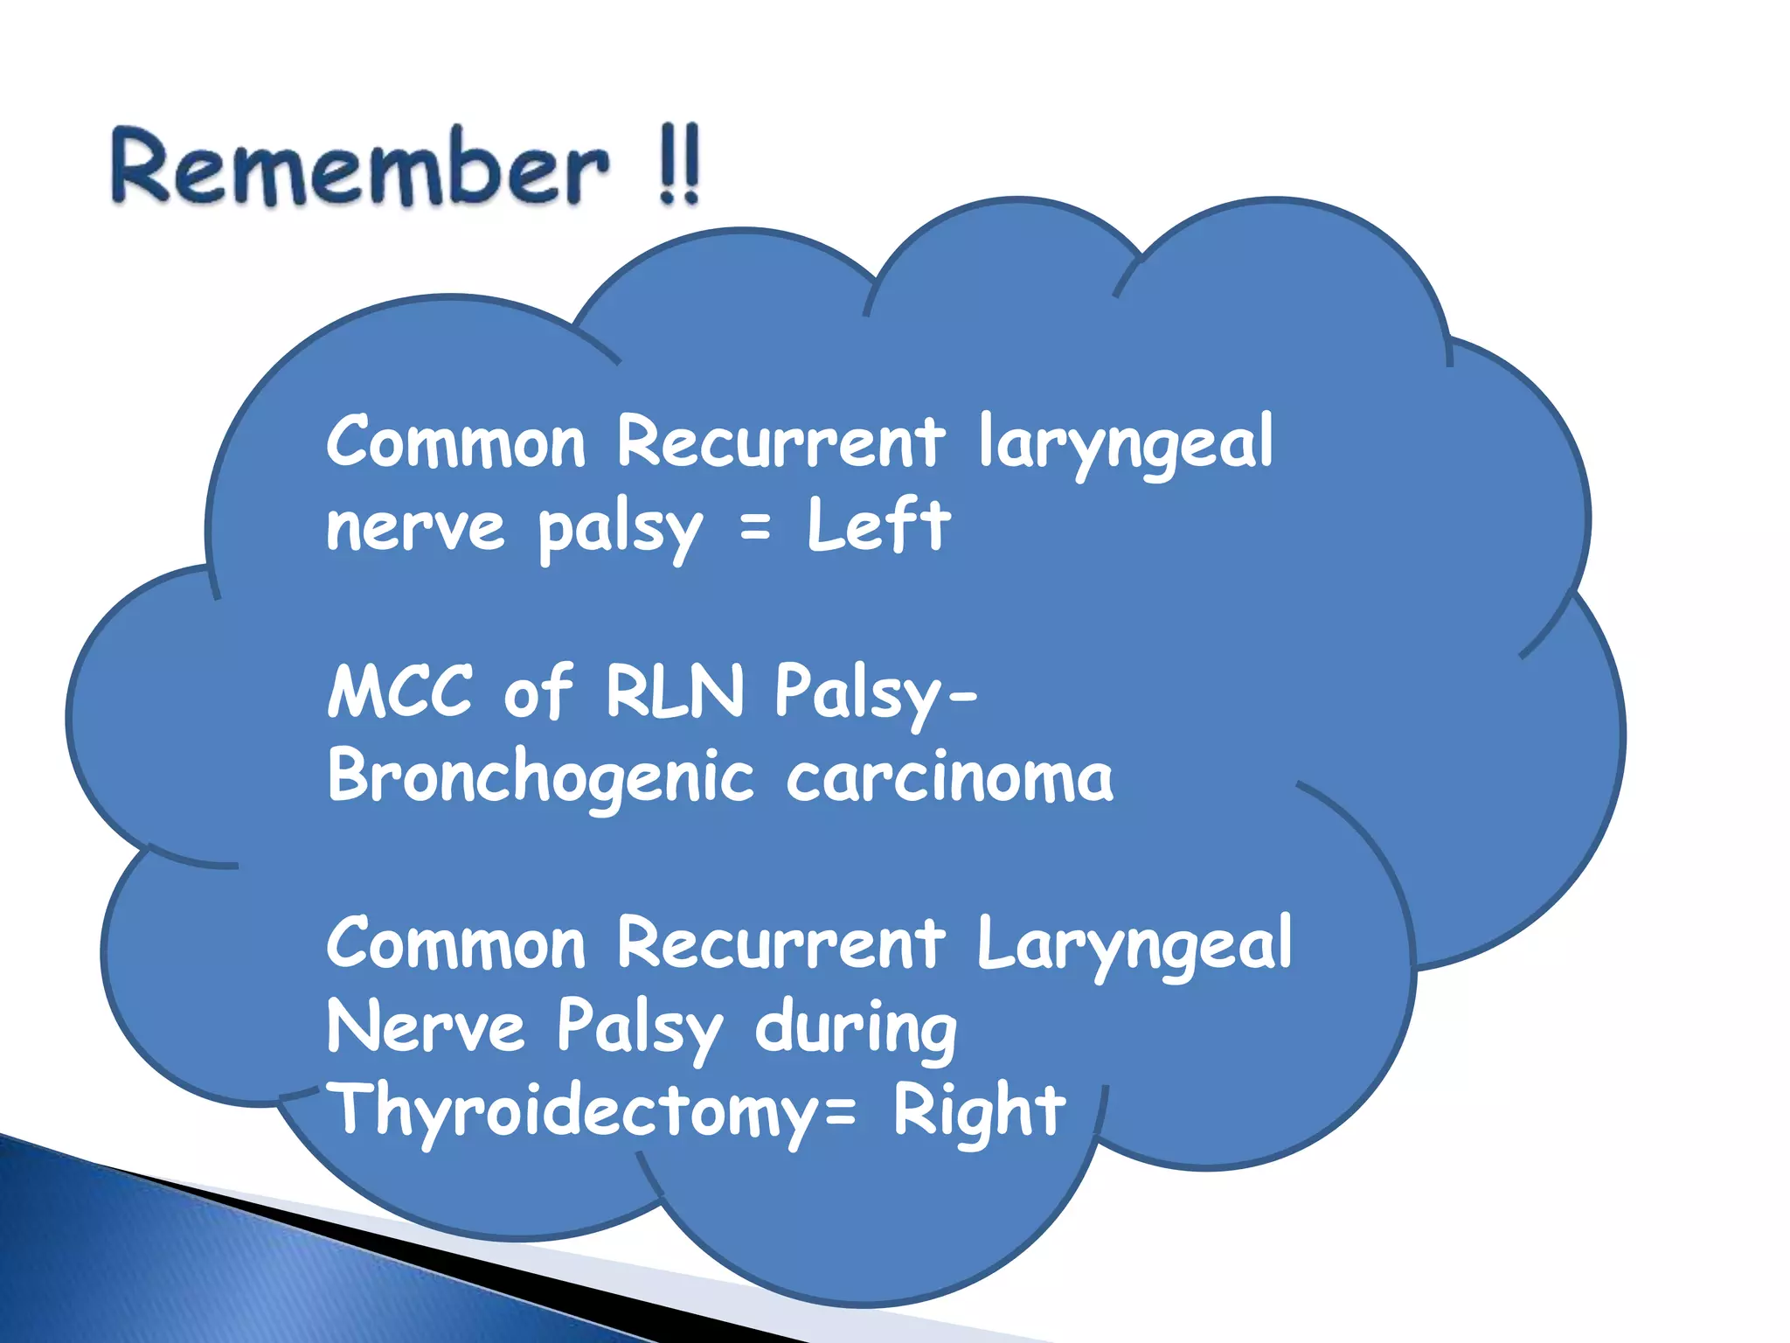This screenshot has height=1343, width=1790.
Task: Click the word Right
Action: pyautogui.click(x=979, y=1110)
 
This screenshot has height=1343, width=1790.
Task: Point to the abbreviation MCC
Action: pyautogui.click(x=400, y=691)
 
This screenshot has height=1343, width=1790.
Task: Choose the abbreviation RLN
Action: pyautogui.click(x=674, y=691)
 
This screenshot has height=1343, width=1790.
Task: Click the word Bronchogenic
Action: pyautogui.click(x=540, y=776)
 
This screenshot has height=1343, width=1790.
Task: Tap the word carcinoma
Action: pyautogui.click(x=950, y=776)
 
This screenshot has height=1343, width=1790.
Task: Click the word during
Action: pyautogui.click(x=856, y=1028)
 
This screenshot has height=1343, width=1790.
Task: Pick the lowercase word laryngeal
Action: pyautogui.click(x=1125, y=442)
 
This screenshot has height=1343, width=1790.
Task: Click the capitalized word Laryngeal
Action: pyautogui.click(x=1134, y=944)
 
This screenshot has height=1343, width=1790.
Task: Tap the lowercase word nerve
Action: pyautogui.click(x=415, y=527)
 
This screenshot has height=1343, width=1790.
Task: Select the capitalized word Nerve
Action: pyautogui.click(x=426, y=1028)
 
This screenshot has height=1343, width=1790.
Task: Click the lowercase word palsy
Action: pyautogui.click(x=619, y=527)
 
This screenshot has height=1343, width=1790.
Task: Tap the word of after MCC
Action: pyautogui.click(x=538, y=691)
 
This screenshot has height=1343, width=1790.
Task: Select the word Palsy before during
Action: pyautogui.click(x=639, y=1028)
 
